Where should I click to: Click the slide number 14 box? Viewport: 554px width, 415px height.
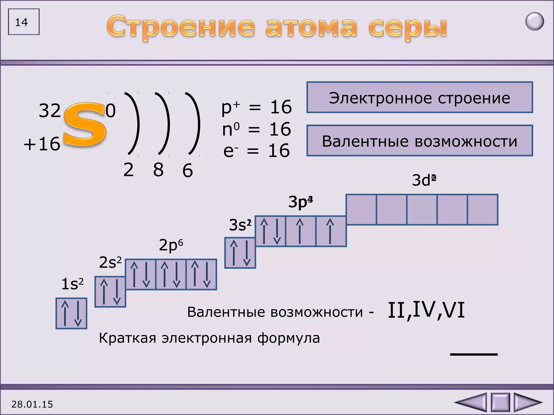[x=24, y=22]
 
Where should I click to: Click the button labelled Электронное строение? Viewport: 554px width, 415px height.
[x=420, y=98]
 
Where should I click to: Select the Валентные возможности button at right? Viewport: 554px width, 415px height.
[x=420, y=141]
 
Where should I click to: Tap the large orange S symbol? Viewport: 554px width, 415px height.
[x=84, y=125]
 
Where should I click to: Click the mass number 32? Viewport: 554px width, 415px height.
[x=50, y=111]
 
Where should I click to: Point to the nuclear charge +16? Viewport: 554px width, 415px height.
[x=42, y=144]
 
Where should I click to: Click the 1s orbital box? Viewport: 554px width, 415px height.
[x=71, y=313]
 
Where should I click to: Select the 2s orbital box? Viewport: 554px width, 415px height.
[x=110, y=292]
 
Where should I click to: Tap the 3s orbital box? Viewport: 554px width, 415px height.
[x=240, y=253]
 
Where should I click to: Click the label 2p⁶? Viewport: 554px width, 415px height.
[x=171, y=245]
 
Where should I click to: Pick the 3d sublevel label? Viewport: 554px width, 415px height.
[x=424, y=180]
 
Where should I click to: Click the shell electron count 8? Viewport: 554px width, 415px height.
[x=158, y=170]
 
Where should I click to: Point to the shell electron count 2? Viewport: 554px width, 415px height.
[x=128, y=170]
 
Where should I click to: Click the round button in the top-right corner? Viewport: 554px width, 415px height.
[x=535, y=22]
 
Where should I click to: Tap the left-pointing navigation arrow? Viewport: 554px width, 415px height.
[x=471, y=402]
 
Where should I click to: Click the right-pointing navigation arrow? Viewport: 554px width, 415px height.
[x=527, y=402]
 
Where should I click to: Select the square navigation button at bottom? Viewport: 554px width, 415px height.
[x=500, y=402]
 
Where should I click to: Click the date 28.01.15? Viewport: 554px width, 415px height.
[x=32, y=404]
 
